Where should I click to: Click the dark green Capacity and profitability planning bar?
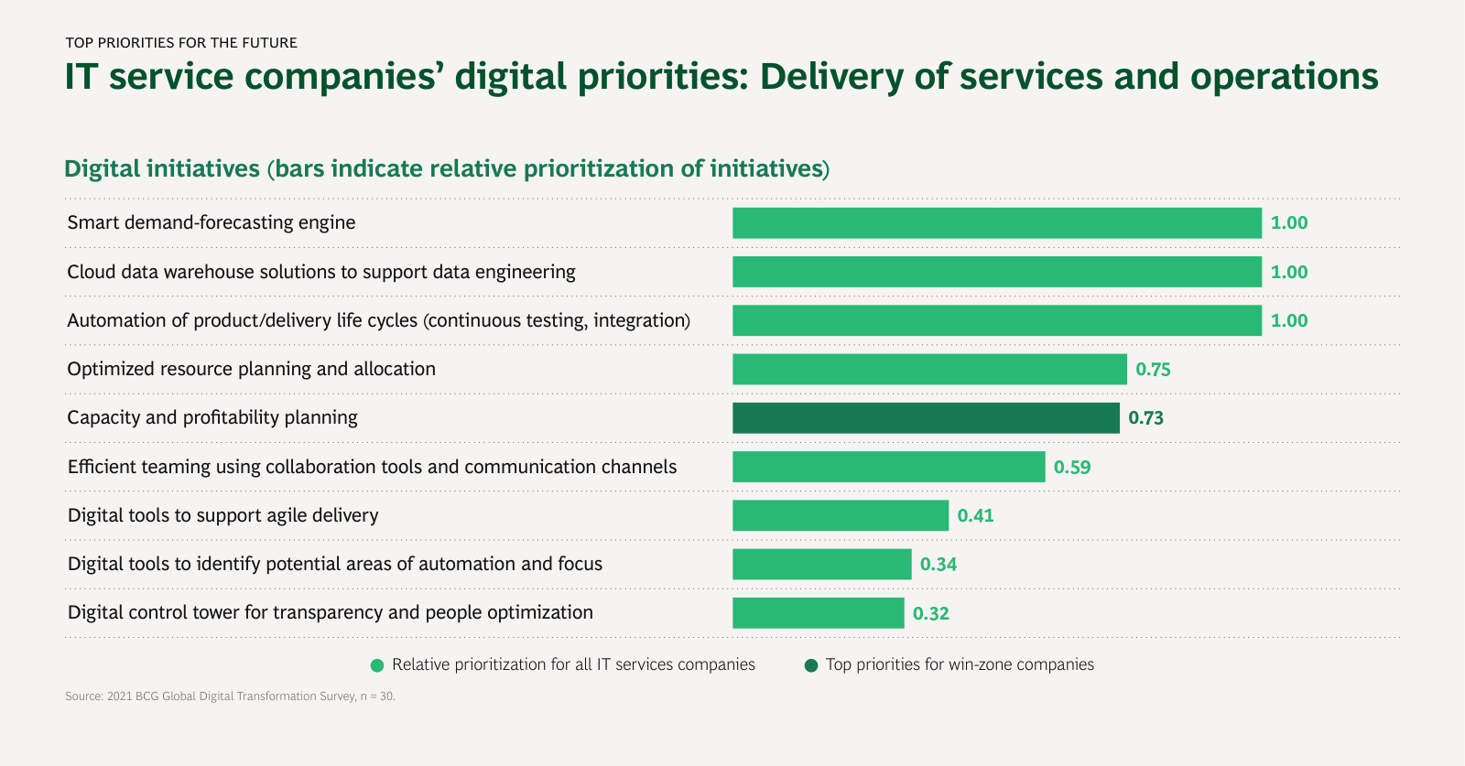pyautogui.click(x=926, y=418)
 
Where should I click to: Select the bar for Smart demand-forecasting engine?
pyautogui.click(x=996, y=223)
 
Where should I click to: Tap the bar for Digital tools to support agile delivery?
pyautogui.click(x=840, y=515)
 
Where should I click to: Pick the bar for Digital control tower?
pyautogui.click(x=818, y=613)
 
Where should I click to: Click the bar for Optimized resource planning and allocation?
pyautogui.click(x=929, y=370)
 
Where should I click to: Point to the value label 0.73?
pyautogui.click(x=1145, y=418)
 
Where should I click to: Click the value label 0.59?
pyautogui.click(x=1071, y=467)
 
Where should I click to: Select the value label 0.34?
pyautogui.click(x=938, y=565)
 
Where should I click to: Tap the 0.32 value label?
pyautogui.click(x=930, y=613)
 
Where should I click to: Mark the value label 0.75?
pyautogui.click(x=1153, y=370)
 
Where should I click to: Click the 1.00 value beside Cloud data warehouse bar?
pyautogui.click(x=1288, y=272)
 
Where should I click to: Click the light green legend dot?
pyautogui.click(x=377, y=665)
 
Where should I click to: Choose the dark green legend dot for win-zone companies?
pyautogui.click(x=810, y=665)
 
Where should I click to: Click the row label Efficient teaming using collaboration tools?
pyautogui.click(x=372, y=467)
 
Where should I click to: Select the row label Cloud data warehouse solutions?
pyautogui.click(x=321, y=272)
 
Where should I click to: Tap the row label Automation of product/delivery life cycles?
pyautogui.click(x=378, y=320)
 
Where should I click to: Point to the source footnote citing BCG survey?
pyautogui.click(x=230, y=696)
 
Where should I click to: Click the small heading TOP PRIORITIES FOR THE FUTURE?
pyautogui.click(x=181, y=43)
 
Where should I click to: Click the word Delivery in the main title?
pyautogui.click(x=831, y=77)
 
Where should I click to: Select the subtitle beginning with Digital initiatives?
pyautogui.click(x=446, y=169)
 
